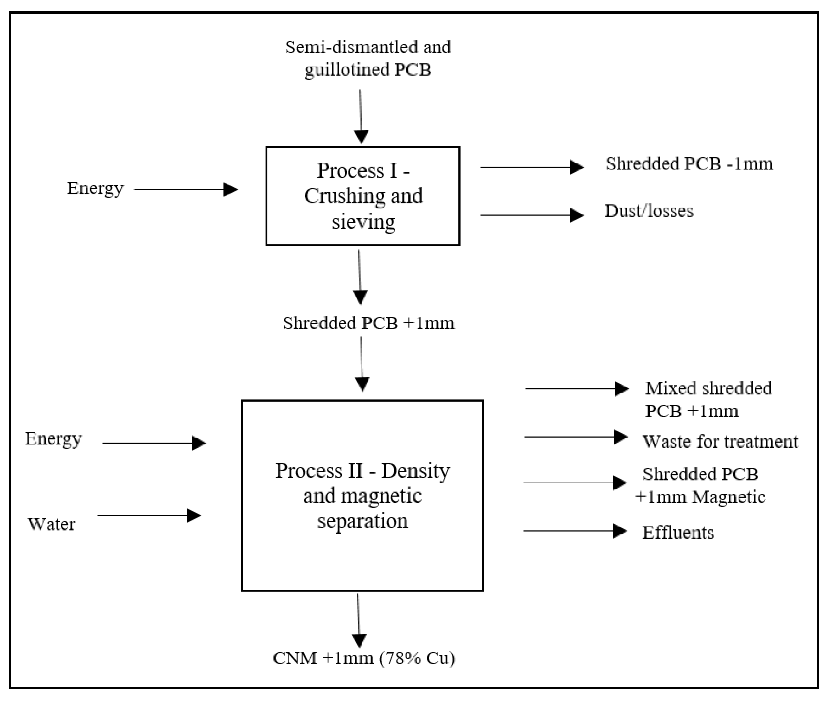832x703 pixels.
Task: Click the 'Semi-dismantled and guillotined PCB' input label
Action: (368, 58)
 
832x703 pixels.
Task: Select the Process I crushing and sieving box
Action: (362, 196)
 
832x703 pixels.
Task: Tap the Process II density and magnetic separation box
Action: (362, 495)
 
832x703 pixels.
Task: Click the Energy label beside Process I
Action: (95, 189)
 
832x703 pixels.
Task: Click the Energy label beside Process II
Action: (54, 439)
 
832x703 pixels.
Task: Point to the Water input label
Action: (52, 524)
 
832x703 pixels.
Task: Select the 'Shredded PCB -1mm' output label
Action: (689, 164)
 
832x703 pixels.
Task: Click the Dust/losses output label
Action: (649, 211)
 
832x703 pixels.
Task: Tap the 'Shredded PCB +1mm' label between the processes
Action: (368, 323)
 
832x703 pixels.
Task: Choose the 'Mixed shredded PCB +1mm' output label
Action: (708, 399)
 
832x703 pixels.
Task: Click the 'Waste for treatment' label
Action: (720, 442)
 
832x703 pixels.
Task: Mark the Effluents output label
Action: (678, 533)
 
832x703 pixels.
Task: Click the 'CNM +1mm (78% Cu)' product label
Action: (364, 658)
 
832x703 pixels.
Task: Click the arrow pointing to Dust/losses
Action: (532, 215)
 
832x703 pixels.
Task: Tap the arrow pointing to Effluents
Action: (575, 531)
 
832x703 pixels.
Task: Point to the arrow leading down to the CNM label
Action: (359, 620)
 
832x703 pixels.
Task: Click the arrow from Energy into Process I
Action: (186, 190)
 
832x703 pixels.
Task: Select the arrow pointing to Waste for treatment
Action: (576, 437)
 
